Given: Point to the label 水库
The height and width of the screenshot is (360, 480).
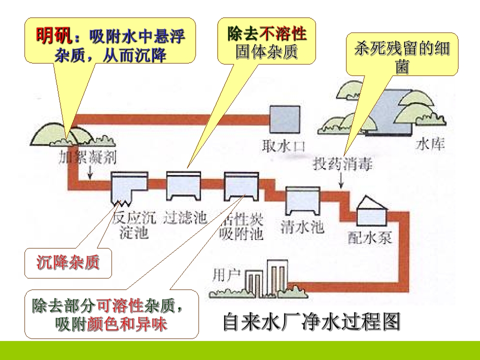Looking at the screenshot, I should click(430, 144).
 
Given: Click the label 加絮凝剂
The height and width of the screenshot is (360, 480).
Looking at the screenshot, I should click(88, 157).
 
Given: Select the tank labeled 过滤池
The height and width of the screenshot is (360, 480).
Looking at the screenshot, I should click(183, 186).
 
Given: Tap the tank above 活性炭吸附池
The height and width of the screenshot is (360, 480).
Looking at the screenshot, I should click(241, 186).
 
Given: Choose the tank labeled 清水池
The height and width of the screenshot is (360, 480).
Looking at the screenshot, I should click(302, 201).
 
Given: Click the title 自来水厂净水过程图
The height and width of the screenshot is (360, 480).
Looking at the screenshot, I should click(311, 321).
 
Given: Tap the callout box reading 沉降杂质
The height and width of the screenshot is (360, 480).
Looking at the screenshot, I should click(68, 262).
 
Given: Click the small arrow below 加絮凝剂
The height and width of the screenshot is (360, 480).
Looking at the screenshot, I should click(90, 172).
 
